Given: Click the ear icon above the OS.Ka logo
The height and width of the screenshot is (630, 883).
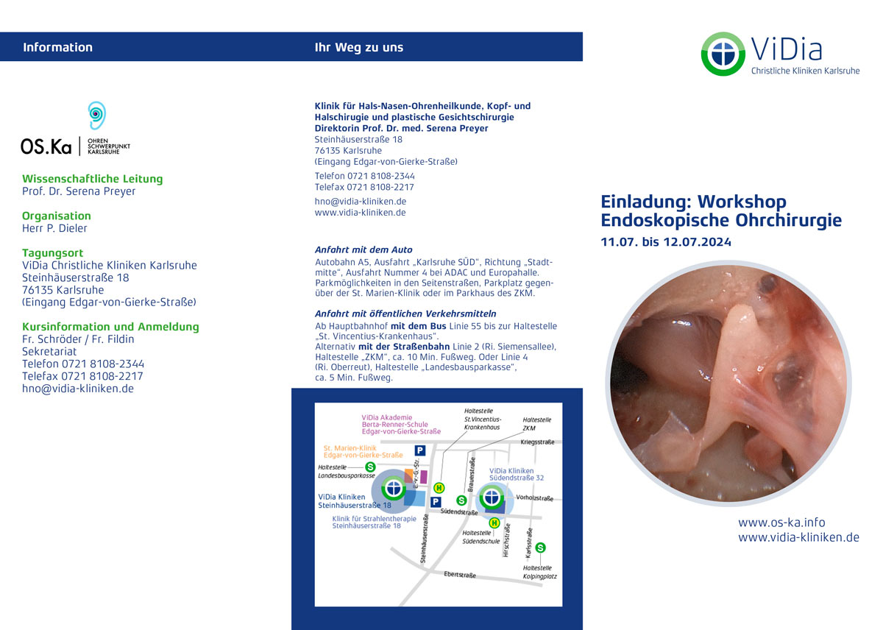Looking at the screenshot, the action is (x=96, y=115).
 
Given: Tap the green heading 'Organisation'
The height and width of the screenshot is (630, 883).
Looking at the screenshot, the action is (x=57, y=216).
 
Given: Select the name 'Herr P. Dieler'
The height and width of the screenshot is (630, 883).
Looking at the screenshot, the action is (x=54, y=228).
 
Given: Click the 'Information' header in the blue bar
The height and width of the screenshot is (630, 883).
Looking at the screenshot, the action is (x=57, y=47).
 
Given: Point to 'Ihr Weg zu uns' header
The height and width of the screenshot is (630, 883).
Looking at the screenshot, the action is (x=359, y=47).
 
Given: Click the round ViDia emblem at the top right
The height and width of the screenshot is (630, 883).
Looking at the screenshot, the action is (x=723, y=54).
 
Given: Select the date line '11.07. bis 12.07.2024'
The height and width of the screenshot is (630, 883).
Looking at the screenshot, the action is (x=666, y=242).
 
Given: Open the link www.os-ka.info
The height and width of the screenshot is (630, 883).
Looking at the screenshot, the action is (x=781, y=523).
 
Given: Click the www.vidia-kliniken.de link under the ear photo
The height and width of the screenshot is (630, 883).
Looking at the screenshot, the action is (x=798, y=537).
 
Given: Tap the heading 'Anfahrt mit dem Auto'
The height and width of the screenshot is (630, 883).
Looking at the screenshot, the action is (x=364, y=250).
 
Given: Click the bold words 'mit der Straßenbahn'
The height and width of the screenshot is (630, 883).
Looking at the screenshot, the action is (x=404, y=347).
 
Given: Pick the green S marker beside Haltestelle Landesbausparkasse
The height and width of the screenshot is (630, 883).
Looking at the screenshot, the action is (x=370, y=467).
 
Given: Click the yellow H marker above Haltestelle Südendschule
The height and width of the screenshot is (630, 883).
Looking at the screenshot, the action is (x=494, y=523).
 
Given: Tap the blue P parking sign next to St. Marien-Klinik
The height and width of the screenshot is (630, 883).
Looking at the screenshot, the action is (x=420, y=450).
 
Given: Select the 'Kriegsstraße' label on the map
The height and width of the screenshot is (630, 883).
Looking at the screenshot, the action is (x=537, y=442).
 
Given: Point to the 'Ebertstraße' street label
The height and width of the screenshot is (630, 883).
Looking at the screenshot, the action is (x=460, y=575).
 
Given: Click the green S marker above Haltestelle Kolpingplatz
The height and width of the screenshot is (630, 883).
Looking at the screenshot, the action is (x=540, y=548).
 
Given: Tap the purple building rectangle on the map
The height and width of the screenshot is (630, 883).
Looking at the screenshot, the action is (x=424, y=477).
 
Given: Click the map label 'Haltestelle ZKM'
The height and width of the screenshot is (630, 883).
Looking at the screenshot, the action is (x=537, y=424).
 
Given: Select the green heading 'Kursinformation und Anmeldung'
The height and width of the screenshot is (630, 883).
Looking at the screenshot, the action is (x=110, y=327).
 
